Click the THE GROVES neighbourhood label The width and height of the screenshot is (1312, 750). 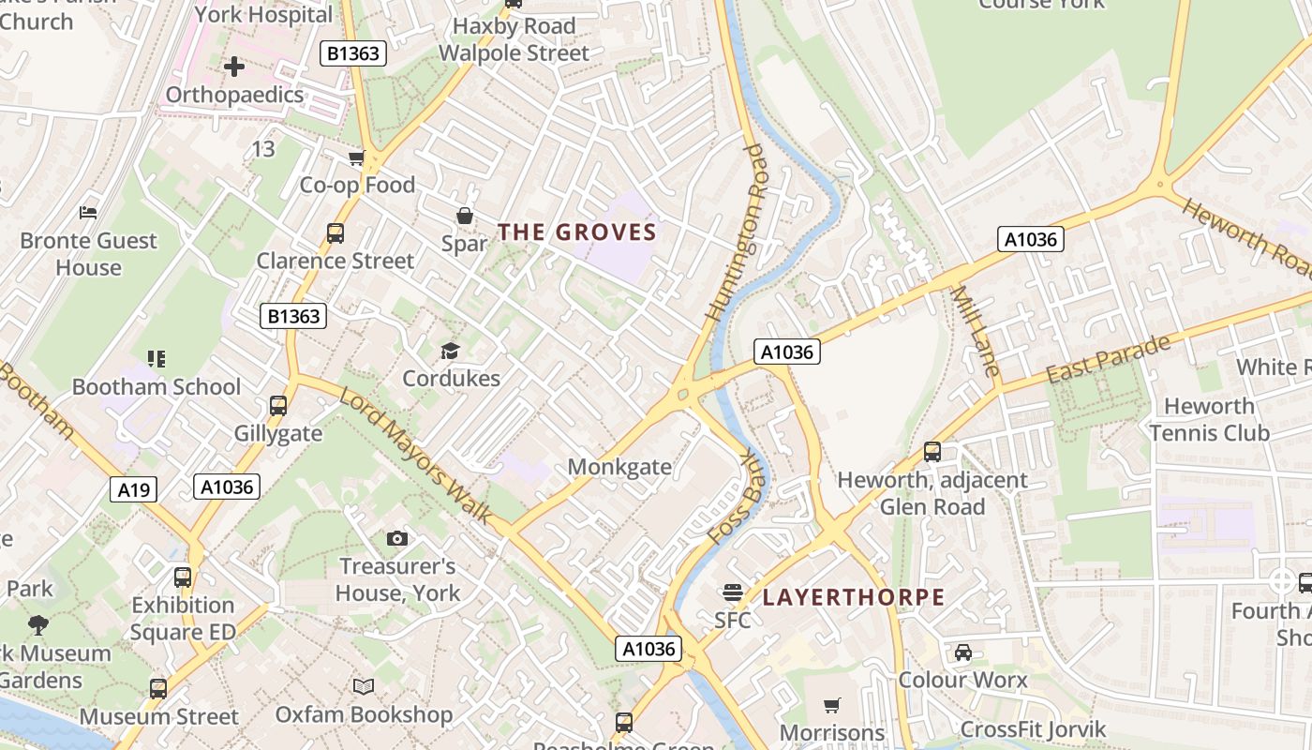pyautogui.click(x=576, y=232)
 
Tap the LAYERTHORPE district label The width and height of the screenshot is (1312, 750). pyautogui.click(x=853, y=597)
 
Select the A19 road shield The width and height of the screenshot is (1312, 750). pyautogui.click(x=133, y=488)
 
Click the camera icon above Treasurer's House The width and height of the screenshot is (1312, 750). pyautogui.click(x=397, y=538)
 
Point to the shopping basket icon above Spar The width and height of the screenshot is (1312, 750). pyautogui.click(x=464, y=217)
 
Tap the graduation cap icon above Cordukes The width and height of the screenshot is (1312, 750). pyautogui.click(x=451, y=352)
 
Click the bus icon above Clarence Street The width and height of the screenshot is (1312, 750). pyautogui.click(x=335, y=233)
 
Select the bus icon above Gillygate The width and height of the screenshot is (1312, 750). pyautogui.click(x=278, y=406)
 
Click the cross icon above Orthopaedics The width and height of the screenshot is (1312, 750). pyautogui.click(x=234, y=67)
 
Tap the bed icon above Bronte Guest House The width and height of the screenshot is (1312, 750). pyautogui.click(x=88, y=213)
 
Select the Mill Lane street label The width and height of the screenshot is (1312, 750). pyautogui.click(x=976, y=331)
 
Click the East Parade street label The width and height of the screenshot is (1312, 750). pyautogui.click(x=1108, y=358)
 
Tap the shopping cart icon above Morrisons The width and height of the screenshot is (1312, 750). pyautogui.click(x=832, y=705)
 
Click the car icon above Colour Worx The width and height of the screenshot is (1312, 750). pyautogui.click(x=962, y=652)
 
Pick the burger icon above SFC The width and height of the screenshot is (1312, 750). pyautogui.click(x=732, y=592)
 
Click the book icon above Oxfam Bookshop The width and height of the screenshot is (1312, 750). pyautogui.click(x=364, y=687)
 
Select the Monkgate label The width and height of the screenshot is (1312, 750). pyautogui.click(x=619, y=467)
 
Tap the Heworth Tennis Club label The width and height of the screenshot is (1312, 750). pyautogui.click(x=1209, y=419)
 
